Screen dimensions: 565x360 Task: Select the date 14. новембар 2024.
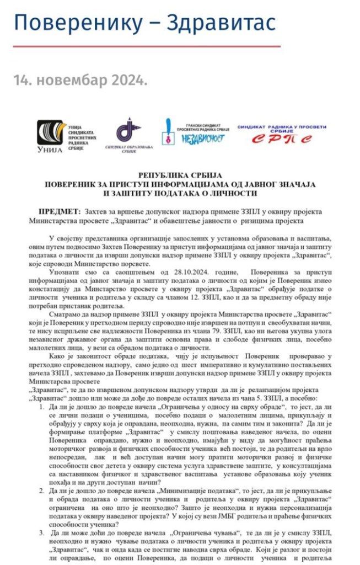click(x=80, y=81)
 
